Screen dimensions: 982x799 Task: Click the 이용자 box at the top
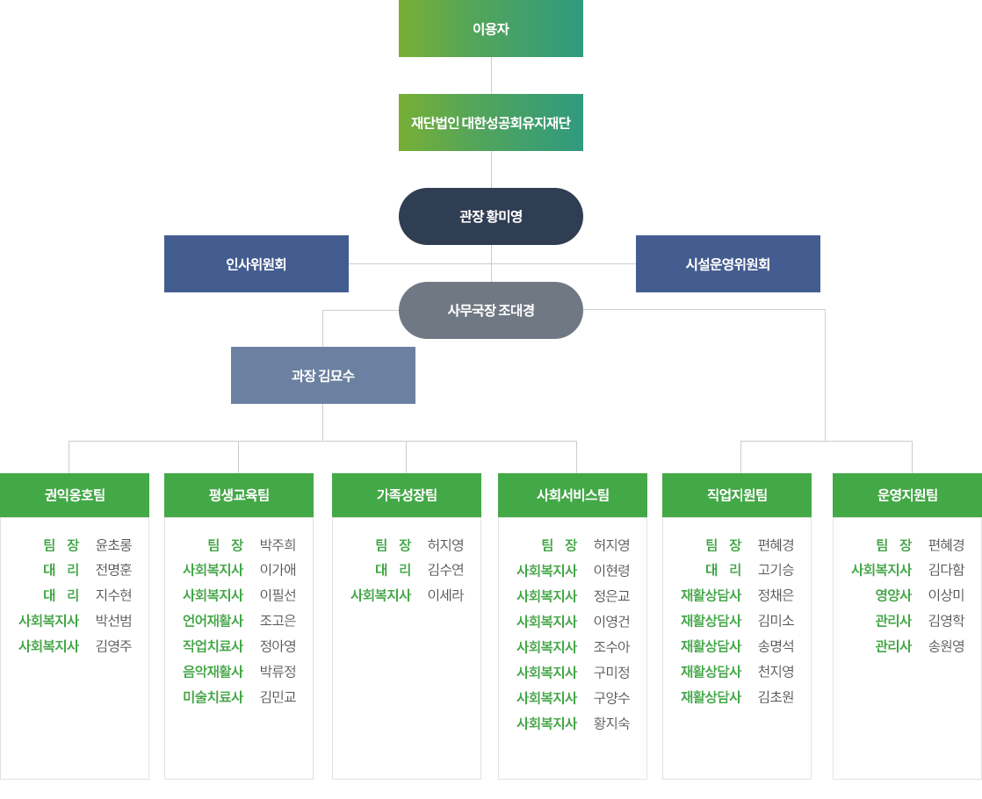[491, 28]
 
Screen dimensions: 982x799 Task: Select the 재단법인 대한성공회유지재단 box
[491, 122]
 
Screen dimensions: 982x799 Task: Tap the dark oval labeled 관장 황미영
[491, 216]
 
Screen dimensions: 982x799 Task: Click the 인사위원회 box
[256, 263]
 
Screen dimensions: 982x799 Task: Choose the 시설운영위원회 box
[728, 263]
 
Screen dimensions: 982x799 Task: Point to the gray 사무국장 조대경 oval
[491, 310]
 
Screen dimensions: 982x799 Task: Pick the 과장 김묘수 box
[323, 375]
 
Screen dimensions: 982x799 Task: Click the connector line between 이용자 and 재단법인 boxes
[491, 76]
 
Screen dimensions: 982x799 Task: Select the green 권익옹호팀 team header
[75, 494]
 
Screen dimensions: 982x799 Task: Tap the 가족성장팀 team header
[407, 494]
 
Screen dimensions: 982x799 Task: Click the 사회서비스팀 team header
[573, 494]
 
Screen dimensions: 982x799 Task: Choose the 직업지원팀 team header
[736, 494]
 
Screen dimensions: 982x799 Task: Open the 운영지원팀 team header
[907, 494]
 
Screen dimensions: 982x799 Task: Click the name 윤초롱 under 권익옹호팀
[113, 544]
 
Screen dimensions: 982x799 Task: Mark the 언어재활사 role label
[213, 621]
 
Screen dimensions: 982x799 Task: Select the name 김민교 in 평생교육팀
[278, 697]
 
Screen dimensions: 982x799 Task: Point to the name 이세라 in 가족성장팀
[445, 595]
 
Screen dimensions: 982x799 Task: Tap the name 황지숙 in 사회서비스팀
[612, 723]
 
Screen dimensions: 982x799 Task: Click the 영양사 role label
[893, 595]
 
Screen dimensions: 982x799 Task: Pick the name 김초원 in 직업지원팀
[776, 697]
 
